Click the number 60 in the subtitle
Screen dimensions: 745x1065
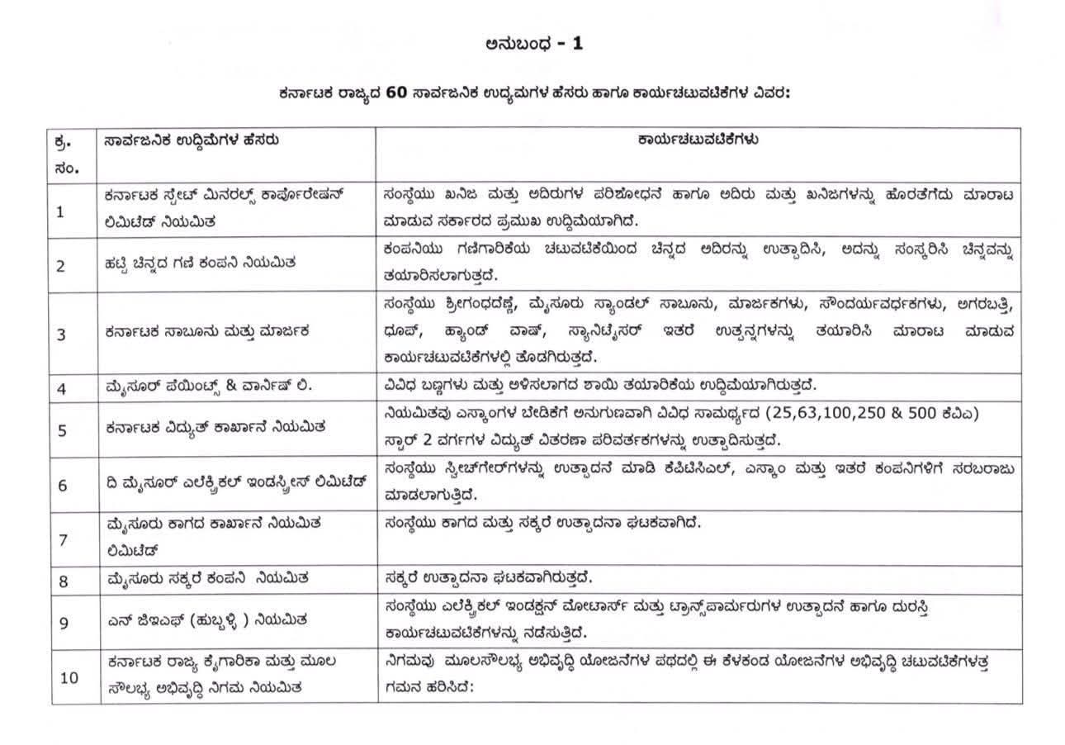tap(395, 93)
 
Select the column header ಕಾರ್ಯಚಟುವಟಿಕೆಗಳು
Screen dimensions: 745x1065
tap(698, 140)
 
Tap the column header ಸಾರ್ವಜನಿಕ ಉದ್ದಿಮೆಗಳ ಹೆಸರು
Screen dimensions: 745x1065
tap(192, 140)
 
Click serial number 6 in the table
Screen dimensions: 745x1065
tap(62, 485)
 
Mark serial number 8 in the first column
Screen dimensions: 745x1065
tap(63, 581)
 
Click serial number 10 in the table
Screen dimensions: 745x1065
tap(69, 677)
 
